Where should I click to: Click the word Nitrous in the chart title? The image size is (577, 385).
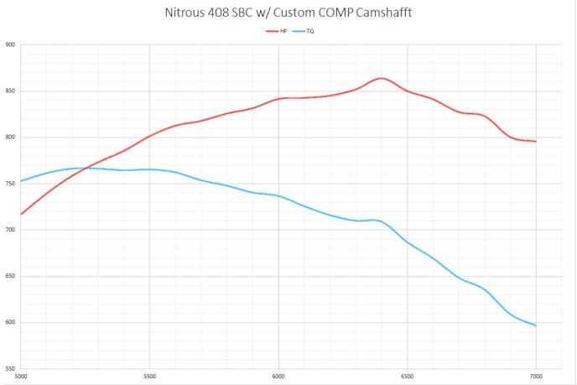[185, 14]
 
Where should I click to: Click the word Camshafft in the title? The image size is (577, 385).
[382, 14]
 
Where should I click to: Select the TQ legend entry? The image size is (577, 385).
[305, 31]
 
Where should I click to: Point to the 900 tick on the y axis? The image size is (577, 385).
[10, 45]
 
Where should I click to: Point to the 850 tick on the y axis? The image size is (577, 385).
[10, 91]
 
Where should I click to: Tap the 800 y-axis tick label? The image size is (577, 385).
[10, 138]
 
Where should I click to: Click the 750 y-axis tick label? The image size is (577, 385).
[10, 184]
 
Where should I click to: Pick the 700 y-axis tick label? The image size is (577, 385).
[10, 230]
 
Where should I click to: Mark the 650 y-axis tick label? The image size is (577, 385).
[10, 276]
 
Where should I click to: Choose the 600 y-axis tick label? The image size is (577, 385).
[10, 323]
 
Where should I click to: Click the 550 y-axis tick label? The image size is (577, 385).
[10, 369]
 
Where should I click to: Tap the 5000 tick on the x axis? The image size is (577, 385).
[21, 375]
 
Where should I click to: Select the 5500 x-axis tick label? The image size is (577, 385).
[149, 375]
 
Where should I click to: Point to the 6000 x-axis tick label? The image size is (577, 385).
[278, 375]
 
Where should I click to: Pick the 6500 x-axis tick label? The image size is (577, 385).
[408, 375]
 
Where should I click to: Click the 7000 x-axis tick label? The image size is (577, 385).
[537, 375]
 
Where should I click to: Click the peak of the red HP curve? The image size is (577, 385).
[382, 78]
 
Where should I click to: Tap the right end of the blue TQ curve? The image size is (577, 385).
[536, 325]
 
